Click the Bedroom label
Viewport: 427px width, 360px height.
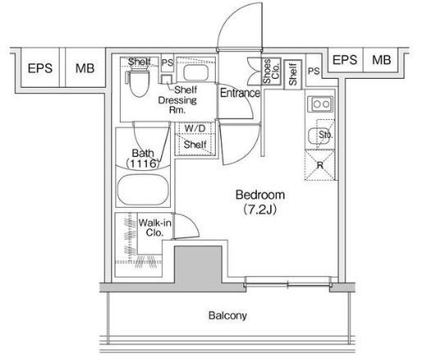(260, 195)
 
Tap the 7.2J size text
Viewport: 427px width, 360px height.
(259, 210)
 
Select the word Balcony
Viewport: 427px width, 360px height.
(227, 316)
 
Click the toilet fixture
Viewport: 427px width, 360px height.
(138, 83)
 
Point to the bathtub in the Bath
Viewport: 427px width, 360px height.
(143, 190)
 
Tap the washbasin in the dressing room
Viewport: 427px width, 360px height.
(195, 72)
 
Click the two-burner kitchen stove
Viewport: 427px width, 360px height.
(320, 104)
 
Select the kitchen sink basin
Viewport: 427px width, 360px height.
(319, 136)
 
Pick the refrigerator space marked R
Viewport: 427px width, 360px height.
(319, 165)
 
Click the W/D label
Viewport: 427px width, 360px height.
(195, 128)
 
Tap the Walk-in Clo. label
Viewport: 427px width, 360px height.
(155, 228)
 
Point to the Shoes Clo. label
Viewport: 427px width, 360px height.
(271, 71)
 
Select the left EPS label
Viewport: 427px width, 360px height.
(40, 68)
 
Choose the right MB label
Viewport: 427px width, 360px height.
(381, 60)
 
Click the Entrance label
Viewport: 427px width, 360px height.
(240, 93)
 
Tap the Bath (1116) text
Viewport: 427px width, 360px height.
(143, 158)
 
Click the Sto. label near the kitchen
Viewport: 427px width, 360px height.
(325, 135)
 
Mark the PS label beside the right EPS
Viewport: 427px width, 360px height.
(314, 72)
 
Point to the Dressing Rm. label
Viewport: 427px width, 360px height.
(177, 104)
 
